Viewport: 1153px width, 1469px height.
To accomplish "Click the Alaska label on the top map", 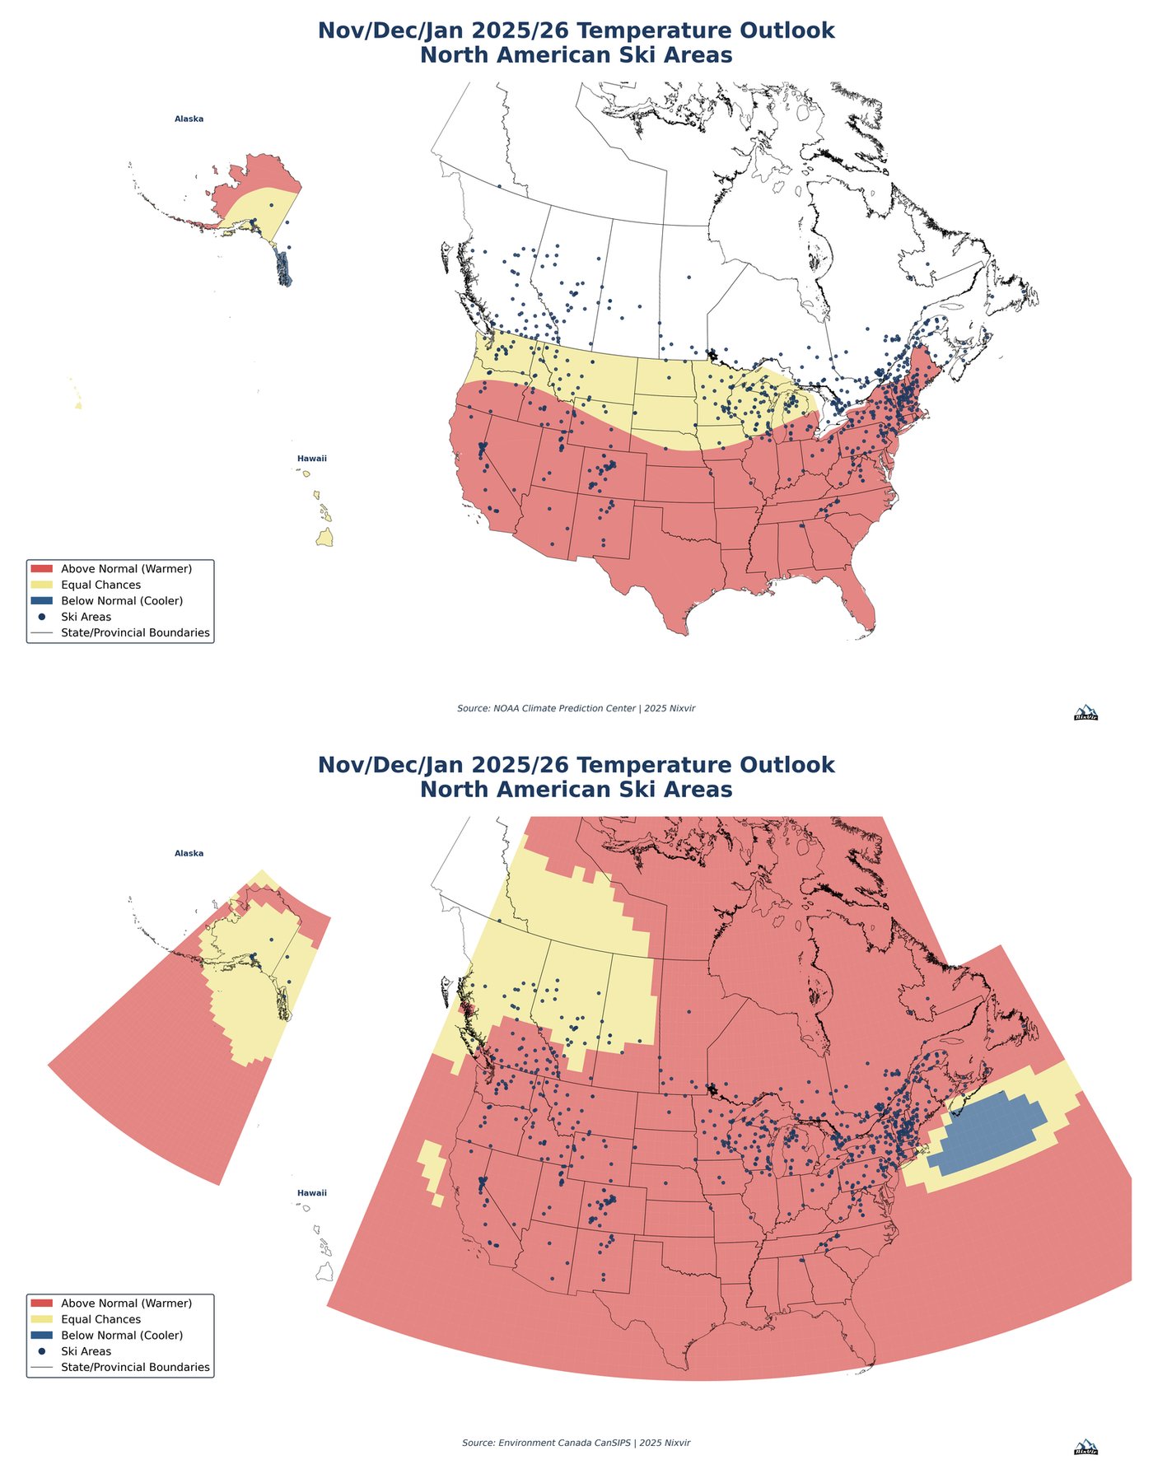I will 189,119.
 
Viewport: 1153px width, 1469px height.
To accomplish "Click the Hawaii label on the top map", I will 312,459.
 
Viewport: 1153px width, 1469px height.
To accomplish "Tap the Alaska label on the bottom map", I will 189,853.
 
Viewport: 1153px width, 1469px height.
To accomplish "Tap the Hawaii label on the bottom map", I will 312,1193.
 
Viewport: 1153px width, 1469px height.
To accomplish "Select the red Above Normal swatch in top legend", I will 41,569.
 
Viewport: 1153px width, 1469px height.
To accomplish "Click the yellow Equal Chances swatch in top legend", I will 41,585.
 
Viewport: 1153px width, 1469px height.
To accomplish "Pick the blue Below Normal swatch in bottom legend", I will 41,1335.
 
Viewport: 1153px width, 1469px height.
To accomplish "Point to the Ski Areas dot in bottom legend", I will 41,1351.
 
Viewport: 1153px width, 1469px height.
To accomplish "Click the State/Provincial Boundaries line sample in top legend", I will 41,633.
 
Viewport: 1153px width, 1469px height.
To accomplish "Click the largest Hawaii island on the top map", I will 325,538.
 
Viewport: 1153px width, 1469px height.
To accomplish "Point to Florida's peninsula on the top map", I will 861,601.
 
